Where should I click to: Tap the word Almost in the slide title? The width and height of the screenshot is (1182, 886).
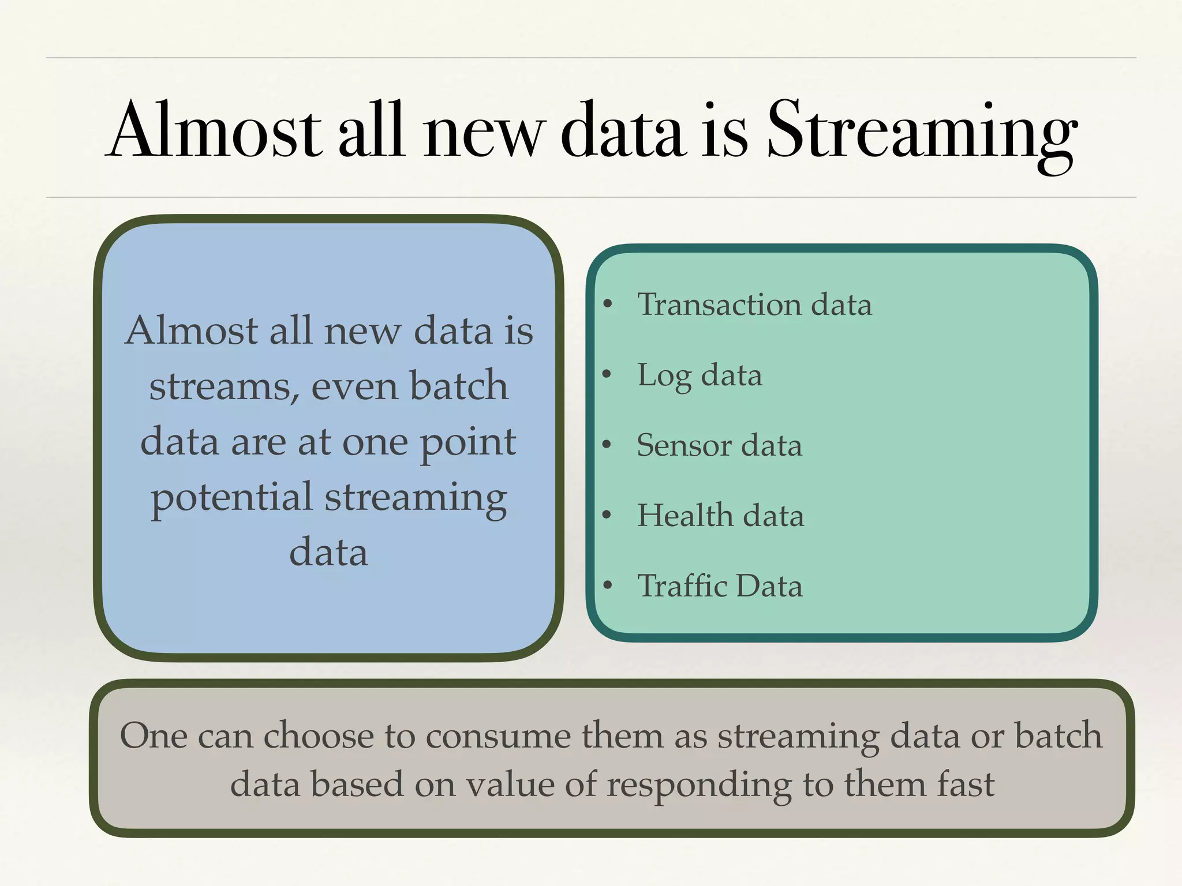214,132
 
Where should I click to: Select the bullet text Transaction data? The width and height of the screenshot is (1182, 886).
754,305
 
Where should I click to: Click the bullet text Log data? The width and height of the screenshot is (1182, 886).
700,376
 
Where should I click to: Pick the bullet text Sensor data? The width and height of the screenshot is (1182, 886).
719,446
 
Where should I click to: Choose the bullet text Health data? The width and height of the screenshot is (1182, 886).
720,516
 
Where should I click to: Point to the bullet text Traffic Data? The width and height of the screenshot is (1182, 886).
720,586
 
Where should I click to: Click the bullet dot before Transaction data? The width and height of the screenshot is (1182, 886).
607,305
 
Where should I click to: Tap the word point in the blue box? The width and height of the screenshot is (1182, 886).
467,443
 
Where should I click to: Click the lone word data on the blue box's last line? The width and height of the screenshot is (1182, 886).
328,553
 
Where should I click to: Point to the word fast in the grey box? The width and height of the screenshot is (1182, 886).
966,784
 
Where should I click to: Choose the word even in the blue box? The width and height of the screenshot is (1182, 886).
353,386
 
